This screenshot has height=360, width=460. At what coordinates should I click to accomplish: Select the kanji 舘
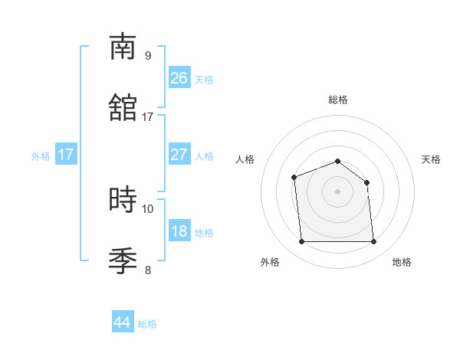(123, 108)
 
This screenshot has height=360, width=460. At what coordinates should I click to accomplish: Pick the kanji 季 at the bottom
(123, 260)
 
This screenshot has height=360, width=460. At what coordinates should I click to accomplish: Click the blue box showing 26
(179, 77)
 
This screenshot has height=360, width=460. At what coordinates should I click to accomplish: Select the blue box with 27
(179, 154)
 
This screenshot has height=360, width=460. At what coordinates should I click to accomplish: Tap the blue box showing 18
(179, 231)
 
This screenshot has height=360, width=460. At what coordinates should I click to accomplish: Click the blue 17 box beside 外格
(66, 155)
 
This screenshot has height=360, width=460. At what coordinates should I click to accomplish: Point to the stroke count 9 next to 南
(148, 56)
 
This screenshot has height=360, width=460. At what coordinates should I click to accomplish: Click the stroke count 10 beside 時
(148, 208)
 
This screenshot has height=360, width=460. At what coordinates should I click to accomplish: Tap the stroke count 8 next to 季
(148, 270)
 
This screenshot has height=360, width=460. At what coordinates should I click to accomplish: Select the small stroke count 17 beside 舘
(148, 117)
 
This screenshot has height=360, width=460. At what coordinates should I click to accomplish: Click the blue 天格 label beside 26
(204, 79)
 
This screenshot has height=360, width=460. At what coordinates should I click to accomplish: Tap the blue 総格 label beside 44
(147, 324)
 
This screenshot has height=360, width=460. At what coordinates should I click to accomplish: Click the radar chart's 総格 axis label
(338, 100)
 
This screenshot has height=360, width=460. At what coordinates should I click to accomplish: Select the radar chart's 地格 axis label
(402, 263)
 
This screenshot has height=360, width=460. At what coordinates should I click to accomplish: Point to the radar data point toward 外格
(301, 242)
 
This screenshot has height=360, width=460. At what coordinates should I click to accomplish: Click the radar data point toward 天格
(366, 182)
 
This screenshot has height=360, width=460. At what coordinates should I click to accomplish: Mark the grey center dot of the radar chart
(338, 191)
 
